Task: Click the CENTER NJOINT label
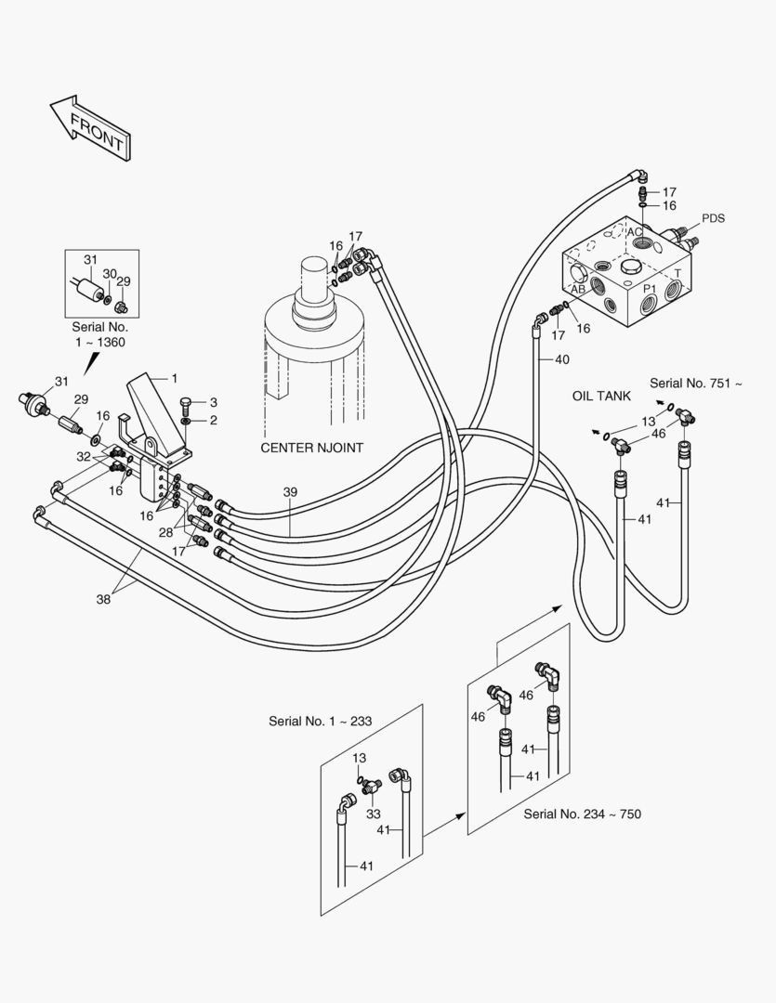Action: point(312,448)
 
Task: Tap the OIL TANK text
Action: point(601,396)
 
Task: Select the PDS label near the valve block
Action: point(713,218)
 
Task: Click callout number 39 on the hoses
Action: point(290,492)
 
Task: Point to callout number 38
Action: point(104,599)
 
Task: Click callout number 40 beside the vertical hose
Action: point(561,359)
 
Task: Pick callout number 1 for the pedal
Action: point(174,379)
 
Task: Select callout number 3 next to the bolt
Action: point(213,402)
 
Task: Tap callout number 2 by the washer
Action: point(213,421)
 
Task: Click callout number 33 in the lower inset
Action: point(374,814)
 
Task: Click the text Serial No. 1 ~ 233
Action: point(320,721)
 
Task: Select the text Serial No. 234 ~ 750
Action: point(582,814)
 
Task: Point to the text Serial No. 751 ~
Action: point(696,384)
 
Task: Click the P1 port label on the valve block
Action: point(650,289)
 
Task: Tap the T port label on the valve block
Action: point(677,273)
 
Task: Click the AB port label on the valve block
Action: point(578,289)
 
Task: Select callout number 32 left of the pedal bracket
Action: point(84,457)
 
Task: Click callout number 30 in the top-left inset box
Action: point(110,274)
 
